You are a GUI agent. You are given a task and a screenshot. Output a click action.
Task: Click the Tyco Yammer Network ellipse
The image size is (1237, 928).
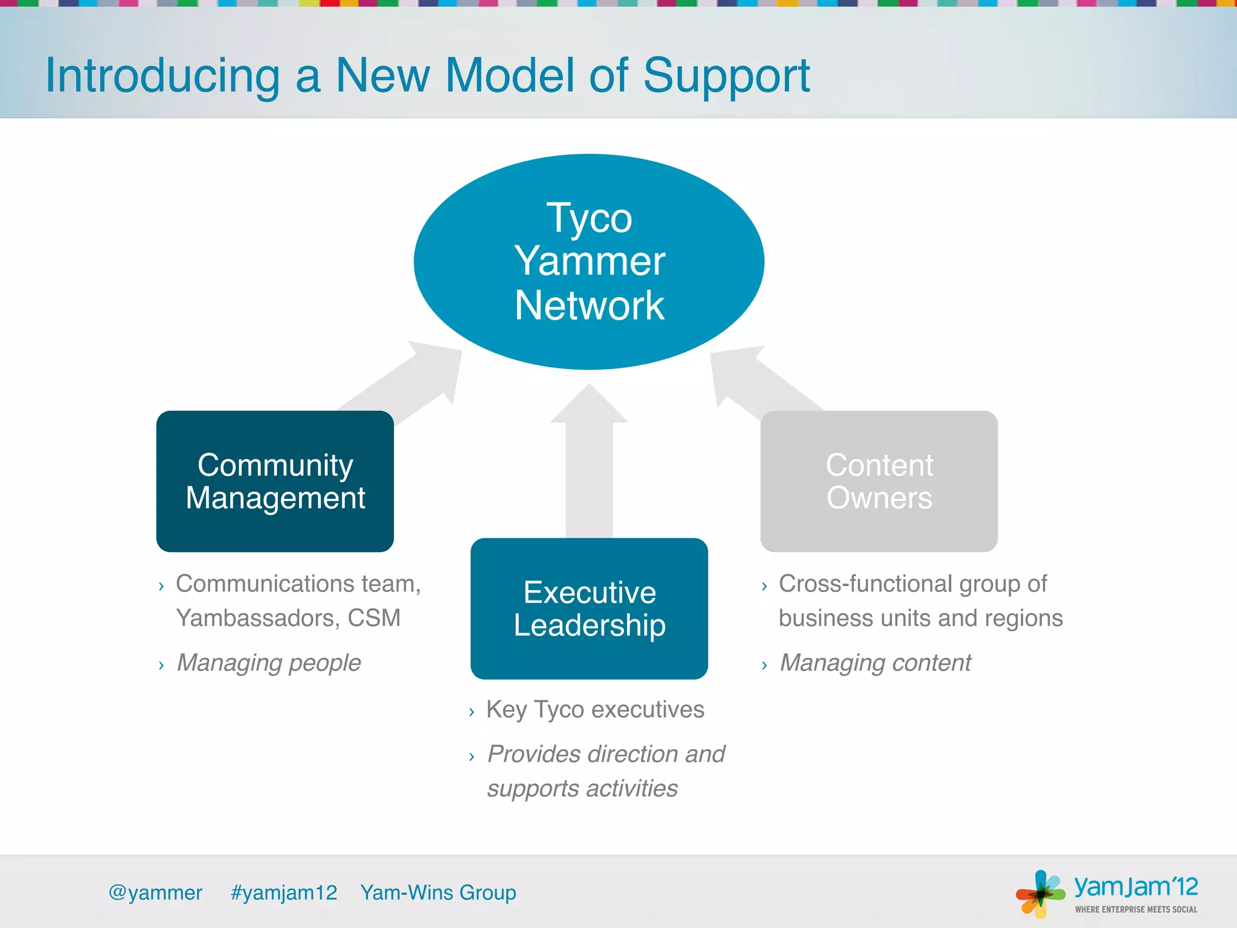589,262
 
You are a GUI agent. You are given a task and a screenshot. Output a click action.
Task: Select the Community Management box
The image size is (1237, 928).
275,482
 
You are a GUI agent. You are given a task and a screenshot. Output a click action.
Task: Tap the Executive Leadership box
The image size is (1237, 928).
589,608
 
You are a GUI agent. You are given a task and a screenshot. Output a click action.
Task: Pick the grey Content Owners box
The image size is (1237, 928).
879,482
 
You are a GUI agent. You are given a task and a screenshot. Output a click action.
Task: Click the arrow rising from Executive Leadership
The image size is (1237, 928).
589,465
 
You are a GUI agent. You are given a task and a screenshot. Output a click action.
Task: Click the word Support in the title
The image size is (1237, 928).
726,76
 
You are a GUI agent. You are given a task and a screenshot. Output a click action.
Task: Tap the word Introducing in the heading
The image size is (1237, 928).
162,76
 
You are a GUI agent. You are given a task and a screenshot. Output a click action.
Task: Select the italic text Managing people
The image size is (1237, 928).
269,663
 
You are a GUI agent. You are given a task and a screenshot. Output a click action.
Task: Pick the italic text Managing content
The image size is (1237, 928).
875,663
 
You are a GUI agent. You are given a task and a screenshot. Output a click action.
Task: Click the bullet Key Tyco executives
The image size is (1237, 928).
595,709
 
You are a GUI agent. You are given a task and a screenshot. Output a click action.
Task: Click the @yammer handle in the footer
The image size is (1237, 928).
155,892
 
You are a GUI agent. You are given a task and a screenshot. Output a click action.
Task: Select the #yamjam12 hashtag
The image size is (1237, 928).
284,892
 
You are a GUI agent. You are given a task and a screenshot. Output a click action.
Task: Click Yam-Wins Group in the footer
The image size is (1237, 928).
438,892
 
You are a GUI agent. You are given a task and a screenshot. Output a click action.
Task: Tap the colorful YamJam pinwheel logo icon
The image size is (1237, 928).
1040,894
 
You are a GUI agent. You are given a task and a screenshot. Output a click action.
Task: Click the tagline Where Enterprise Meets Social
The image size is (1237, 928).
1136,909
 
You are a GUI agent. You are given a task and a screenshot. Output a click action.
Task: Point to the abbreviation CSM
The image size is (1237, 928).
374,618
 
